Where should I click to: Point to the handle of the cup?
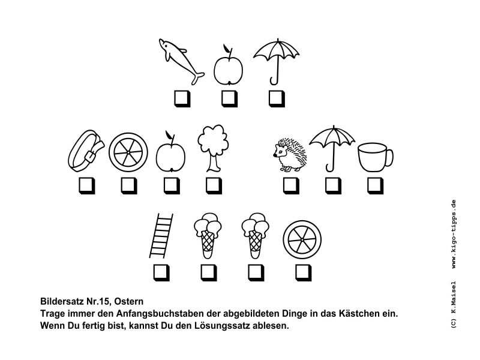pos(389,158)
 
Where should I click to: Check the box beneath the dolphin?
pos(181,98)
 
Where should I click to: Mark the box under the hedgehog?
pos(291,185)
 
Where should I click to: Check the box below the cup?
pos(375,185)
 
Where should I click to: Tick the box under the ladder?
pos(161,272)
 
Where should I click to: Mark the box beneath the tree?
pos(213,185)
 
